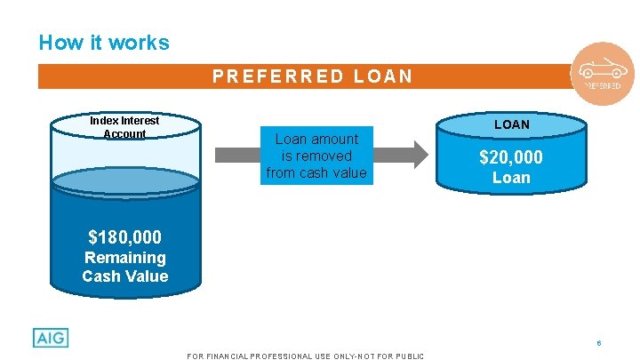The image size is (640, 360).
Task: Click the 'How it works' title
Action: point(104,43)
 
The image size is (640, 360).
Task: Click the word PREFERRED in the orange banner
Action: point(277,76)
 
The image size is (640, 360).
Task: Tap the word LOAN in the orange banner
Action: point(383,76)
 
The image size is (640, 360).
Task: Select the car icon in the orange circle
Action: point(602,68)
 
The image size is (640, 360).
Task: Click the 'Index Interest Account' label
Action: point(124,127)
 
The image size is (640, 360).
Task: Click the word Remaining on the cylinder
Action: point(124,258)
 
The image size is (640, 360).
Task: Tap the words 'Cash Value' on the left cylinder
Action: point(124,276)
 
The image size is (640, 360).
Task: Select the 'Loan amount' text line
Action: point(316,139)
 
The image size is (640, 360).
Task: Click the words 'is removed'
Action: point(316,156)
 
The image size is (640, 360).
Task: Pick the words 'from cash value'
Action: point(316,172)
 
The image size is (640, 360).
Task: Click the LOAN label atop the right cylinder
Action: point(511,124)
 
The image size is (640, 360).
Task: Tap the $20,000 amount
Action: point(511,158)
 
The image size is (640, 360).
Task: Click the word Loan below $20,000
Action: point(511,178)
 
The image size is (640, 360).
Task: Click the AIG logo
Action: point(51,338)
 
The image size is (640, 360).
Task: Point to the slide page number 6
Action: point(599,343)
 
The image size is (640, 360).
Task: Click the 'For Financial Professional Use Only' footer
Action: point(306,356)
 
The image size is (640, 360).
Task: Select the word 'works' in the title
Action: point(142,43)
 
